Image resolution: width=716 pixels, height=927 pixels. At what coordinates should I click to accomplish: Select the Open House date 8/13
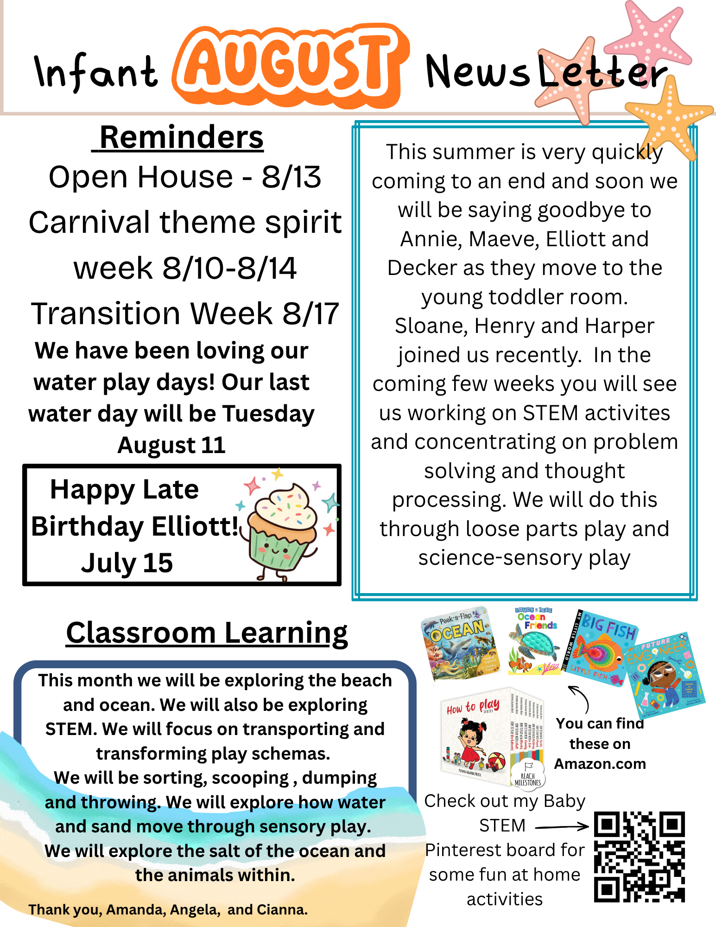pyautogui.click(x=291, y=177)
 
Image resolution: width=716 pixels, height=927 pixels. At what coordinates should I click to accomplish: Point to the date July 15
pyautogui.click(x=127, y=563)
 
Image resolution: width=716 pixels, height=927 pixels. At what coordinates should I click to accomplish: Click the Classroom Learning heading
pyautogui.click(x=207, y=633)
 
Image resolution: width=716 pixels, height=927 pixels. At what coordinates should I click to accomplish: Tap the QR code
pyautogui.click(x=639, y=857)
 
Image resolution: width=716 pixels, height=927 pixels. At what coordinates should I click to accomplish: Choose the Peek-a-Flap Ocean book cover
pyautogui.click(x=461, y=643)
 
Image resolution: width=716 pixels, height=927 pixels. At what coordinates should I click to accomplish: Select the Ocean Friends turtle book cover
pyautogui.click(x=534, y=640)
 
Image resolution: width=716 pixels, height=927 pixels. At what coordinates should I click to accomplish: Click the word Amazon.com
pyautogui.click(x=600, y=763)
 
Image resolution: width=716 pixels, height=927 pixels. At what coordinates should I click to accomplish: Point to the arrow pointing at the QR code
pyautogui.click(x=562, y=826)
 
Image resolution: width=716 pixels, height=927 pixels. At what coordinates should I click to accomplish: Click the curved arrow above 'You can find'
pyautogui.click(x=581, y=697)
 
